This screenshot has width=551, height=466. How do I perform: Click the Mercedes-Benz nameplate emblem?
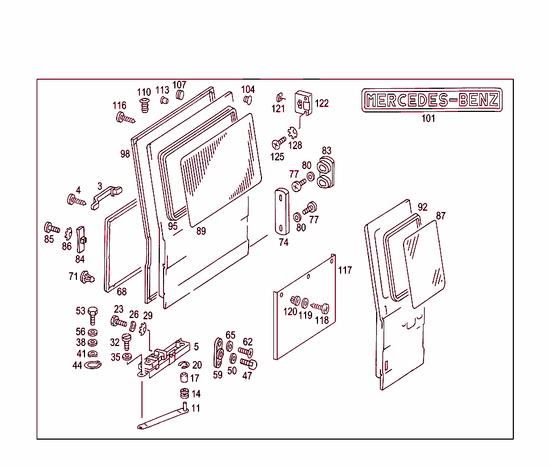(x=432, y=100)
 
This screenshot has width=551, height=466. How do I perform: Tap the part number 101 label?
(x=428, y=118)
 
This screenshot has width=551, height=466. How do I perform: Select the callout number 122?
(x=322, y=103)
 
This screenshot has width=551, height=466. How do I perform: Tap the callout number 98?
(x=125, y=154)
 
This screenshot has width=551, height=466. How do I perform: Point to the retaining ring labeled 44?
(x=93, y=366)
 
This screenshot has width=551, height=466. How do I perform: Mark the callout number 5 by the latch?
(x=196, y=347)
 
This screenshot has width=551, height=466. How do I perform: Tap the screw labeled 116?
(x=125, y=118)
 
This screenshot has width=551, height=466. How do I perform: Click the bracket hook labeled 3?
(x=106, y=195)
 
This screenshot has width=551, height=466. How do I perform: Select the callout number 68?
(x=122, y=292)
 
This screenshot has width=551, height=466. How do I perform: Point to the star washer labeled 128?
(x=293, y=132)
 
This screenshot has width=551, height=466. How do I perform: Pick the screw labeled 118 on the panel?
(x=321, y=308)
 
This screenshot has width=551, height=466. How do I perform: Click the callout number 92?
(x=422, y=207)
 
